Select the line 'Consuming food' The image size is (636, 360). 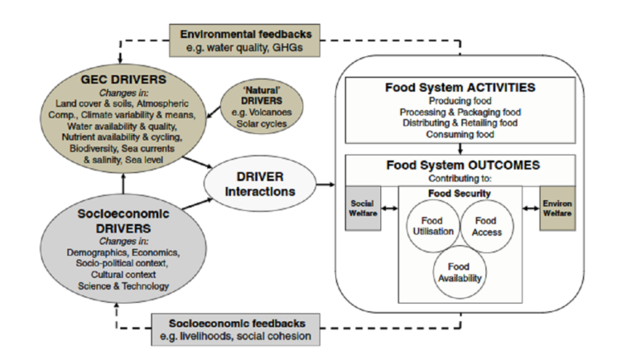[461, 134]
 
